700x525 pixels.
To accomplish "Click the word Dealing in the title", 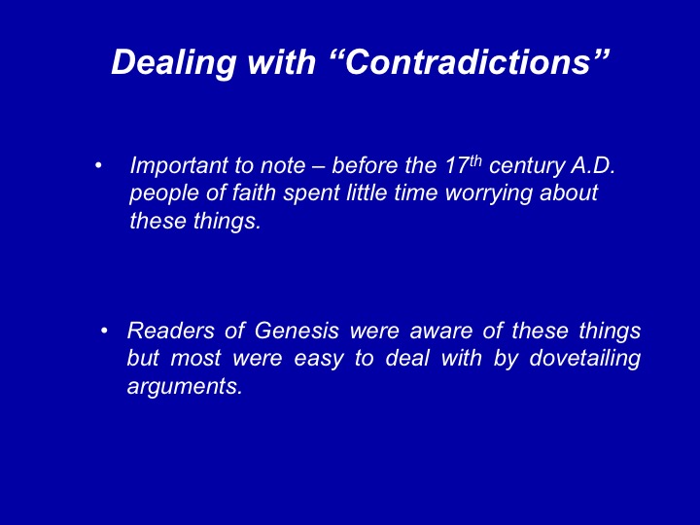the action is [174, 63].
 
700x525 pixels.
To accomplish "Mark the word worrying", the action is [489, 194].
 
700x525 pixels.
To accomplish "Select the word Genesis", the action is [297, 331].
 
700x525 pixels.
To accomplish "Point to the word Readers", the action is [170, 331].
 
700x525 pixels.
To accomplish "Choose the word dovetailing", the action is [585, 360].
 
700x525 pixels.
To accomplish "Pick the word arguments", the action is [185, 387].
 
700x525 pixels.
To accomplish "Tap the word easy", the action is [319, 361].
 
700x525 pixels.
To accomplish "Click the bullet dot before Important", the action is [98, 166].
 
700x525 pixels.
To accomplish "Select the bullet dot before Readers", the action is [104, 332].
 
